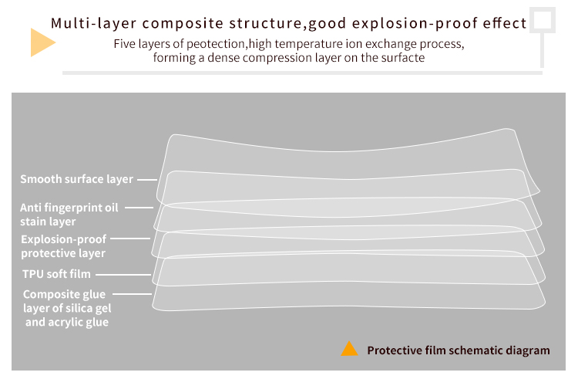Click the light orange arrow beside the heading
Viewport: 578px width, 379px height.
click(x=42, y=42)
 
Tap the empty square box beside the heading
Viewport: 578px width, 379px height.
click(x=543, y=20)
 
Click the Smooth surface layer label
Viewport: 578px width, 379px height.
click(x=76, y=179)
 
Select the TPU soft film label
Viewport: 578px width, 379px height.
click(x=56, y=274)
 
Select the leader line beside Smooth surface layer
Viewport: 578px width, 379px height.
click(x=147, y=180)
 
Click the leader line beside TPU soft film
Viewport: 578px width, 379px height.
click(x=123, y=275)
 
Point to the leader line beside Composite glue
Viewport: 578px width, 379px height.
click(x=132, y=294)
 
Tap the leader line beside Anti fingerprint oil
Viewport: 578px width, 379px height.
click(x=139, y=208)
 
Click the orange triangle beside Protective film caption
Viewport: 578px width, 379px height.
click(x=349, y=349)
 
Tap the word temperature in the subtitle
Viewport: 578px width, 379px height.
click(x=308, y=44)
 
